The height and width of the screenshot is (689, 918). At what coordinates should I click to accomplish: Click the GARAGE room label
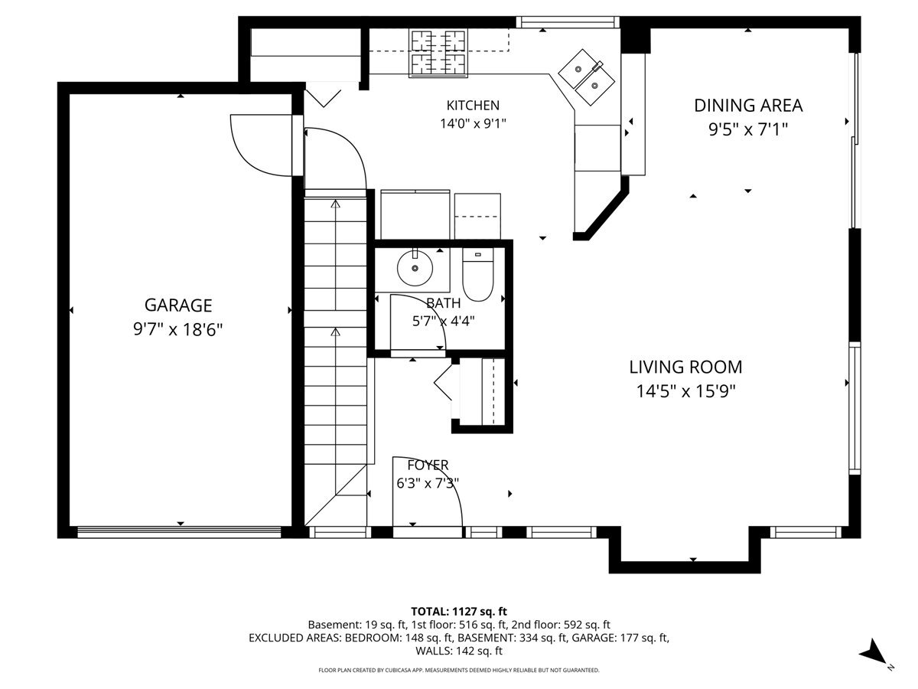(178, 305)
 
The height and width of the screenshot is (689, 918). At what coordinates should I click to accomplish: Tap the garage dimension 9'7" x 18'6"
(177, 330)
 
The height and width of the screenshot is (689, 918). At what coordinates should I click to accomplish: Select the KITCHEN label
(473, 105)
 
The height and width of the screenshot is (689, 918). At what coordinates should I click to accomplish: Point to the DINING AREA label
(748, 106)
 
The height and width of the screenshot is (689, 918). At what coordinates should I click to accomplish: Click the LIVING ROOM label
(686, 367)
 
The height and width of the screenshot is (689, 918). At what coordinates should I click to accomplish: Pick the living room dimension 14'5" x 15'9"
(686, 391)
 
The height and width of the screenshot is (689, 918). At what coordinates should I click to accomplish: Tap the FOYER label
(428, 465)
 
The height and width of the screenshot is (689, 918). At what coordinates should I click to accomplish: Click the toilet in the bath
(478, 274)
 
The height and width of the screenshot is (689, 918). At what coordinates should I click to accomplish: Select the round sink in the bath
(415, 268)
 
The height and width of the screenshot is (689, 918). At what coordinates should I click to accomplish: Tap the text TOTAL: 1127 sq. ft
(459, 612)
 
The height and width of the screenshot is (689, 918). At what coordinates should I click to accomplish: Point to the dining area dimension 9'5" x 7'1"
(748, 129)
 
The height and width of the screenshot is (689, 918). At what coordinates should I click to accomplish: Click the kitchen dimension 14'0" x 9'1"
(473, 124)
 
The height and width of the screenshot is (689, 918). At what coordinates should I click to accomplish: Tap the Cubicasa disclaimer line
(459, 670)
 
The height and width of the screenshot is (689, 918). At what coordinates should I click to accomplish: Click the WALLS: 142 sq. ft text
(459, 651)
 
